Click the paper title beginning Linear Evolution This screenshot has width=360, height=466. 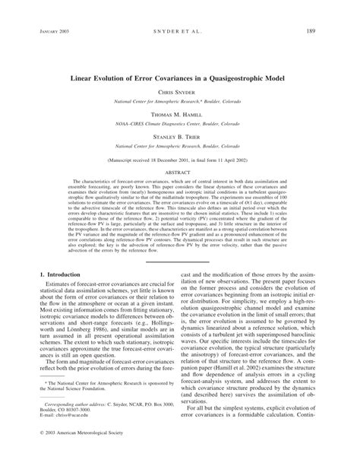180,77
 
